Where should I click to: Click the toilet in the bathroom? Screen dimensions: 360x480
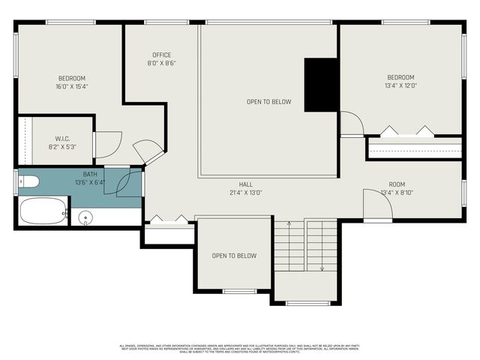(28, 181)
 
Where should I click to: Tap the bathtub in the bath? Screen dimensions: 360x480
(43, 211)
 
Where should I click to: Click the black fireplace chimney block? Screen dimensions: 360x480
(320, 85)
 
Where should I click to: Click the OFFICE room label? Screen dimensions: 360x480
(161, 55)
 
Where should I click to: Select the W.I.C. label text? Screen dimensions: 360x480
(62, 138)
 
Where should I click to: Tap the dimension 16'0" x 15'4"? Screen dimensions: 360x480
(72, 86)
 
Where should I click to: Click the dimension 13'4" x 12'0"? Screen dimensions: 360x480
(400, 85)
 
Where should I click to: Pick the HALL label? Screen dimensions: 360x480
(246, 184)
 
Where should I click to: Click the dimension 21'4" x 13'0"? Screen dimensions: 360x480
(246, 193)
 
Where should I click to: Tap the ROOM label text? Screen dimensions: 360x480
(397, 184)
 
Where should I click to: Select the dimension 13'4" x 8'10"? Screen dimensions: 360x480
(397, 193)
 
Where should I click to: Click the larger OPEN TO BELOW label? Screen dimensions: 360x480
(268, 102)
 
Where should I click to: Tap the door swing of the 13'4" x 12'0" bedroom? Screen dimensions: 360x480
(351, 124)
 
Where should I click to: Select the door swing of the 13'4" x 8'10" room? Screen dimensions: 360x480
(377, 204)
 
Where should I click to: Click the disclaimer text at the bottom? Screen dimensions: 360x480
(240, 347)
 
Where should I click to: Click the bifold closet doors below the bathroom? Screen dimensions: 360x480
(168, 220)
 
